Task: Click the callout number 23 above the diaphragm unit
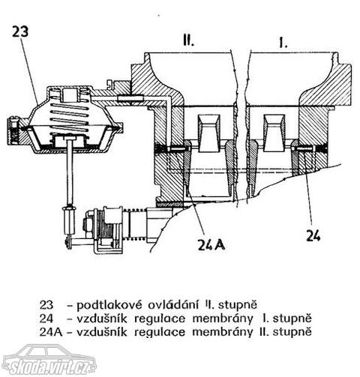click(x=20, y=31)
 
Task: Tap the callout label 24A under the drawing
click(x=211, y=244)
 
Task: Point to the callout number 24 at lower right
click(x=313, y=235)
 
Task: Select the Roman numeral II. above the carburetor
click(x=188, y=41)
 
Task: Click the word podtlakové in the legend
click(x=109, y=305)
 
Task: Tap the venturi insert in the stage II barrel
click(x=209, y=133)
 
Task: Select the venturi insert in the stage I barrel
click(x=274, y=133)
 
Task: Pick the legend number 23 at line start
click(x=46, y=305)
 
